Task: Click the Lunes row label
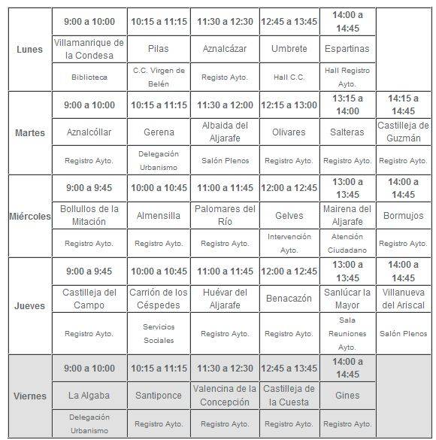click(x=29, y=50)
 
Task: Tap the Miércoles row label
click(x=29, y=216)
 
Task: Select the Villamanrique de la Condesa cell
click(x=89, y=49)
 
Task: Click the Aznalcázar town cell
click(x=224, y=49)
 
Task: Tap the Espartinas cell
click(x=347, y=49)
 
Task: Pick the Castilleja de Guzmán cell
click(x=402, y=132)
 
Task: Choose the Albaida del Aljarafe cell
click(x=224, y=132)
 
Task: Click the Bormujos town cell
click(x=402, y=215)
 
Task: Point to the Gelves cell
click(x=289, y=215)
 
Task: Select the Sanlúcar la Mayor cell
click(x=347, y=299)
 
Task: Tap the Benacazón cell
click(x=289, y=299)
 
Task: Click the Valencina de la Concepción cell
click(x=224, y=395)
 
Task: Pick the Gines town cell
click(x=347, y=395)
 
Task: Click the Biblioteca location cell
click(x=89, y=77)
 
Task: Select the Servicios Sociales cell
click(x=158, y=333)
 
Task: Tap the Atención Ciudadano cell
click(x=347, y=243)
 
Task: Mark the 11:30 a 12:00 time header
click(x=224, y=105)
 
